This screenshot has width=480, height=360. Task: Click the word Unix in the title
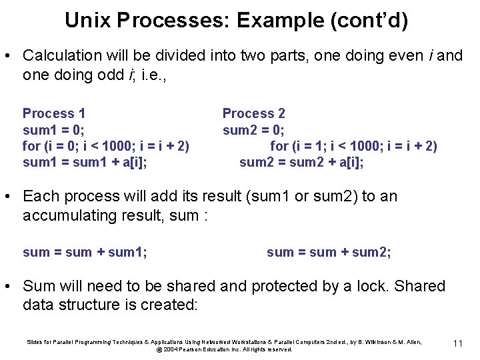point(87,21)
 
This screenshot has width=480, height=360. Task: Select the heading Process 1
point(54,113)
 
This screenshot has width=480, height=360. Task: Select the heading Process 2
point(253,113)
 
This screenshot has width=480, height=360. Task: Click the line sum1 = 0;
point(53,129)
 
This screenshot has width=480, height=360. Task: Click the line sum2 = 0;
point(253,129)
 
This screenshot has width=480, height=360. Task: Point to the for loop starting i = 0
point(106,146)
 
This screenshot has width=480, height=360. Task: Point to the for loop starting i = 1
point(353,146)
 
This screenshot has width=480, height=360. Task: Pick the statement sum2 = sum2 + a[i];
point(301,162)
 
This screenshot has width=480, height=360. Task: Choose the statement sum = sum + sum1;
point(85,252)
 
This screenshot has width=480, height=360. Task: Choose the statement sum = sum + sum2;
point(329,252)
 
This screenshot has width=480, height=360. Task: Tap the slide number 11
point(457,343)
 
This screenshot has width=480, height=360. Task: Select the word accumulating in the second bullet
point(69,215)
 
